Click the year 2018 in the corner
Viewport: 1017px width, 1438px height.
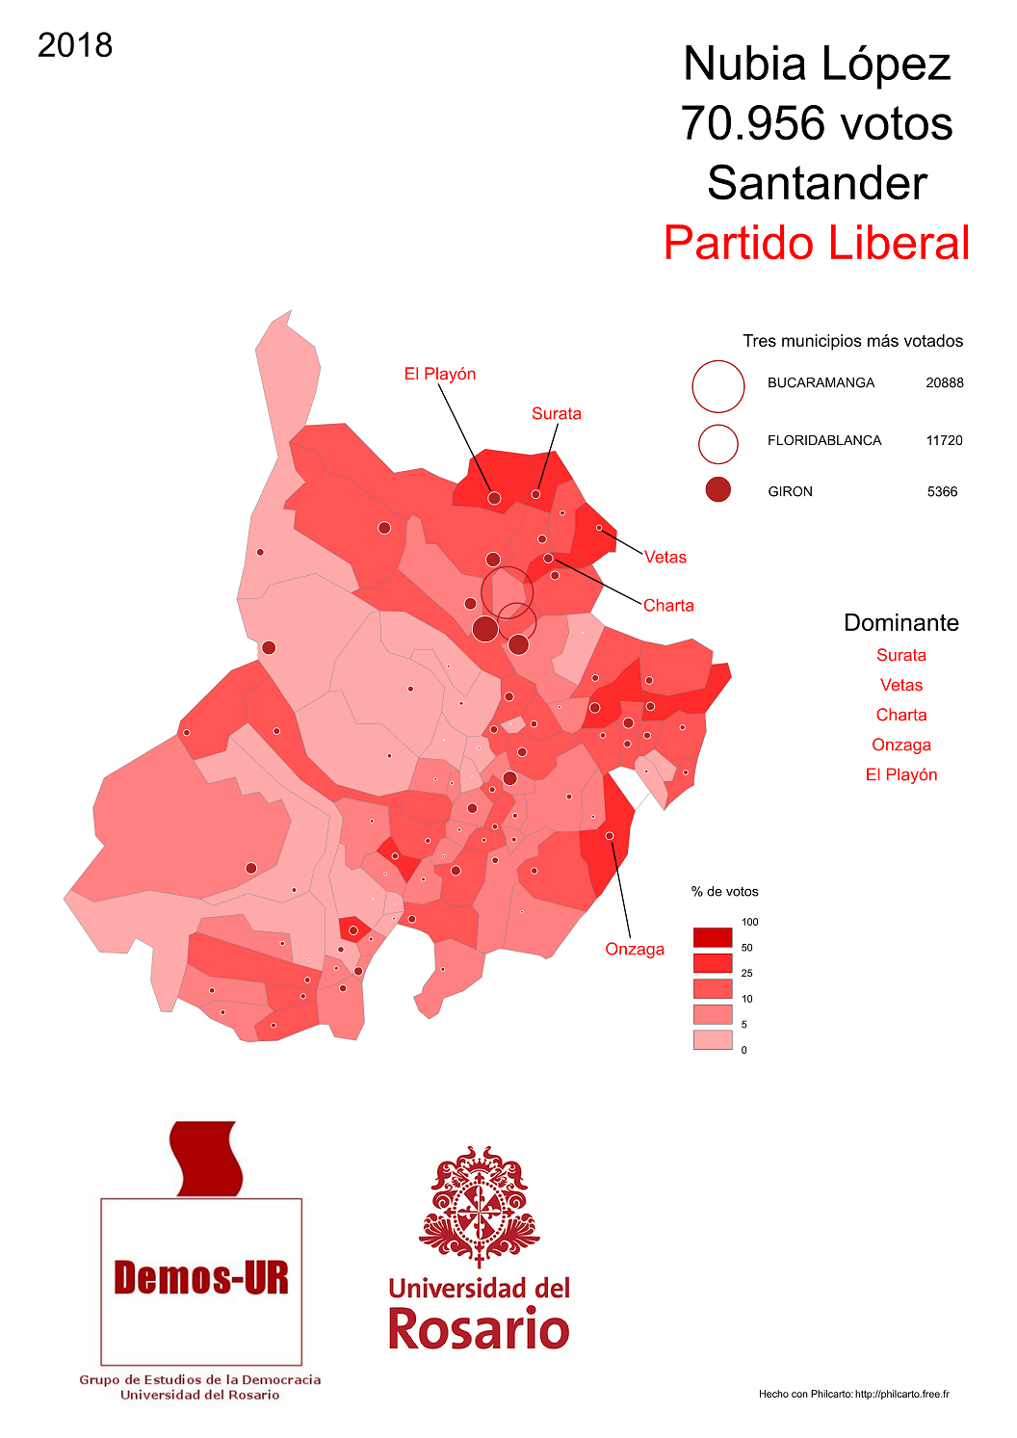[75, 45]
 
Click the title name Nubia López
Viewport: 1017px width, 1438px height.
[817, 65]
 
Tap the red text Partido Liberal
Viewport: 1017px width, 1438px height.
[817, 243]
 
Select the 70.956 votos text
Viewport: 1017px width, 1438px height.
[817, 124]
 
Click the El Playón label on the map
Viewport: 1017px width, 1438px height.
[439, 374]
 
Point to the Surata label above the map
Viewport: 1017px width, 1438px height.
[556, 413]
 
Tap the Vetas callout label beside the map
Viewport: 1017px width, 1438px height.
[665, 557]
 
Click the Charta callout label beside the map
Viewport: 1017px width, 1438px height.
[667, 605]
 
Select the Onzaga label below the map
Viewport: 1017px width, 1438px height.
[634, 949]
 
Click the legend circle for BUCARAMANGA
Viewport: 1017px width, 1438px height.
[717, 386]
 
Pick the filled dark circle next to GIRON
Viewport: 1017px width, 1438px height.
[717, 490]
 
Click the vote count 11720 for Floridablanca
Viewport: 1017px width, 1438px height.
[944, 440]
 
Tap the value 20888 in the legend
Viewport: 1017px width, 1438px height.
[944, 382]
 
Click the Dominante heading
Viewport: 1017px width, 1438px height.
[900, 622]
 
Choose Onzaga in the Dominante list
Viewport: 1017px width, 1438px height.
[900, 745]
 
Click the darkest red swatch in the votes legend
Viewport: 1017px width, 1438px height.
[712, 937]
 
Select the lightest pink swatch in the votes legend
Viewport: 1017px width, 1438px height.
[712, 1039]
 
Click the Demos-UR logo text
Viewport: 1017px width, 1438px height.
[200, 1278]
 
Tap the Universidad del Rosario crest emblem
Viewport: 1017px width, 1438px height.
[479, 1205]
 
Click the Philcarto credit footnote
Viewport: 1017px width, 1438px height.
[853, 1394]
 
